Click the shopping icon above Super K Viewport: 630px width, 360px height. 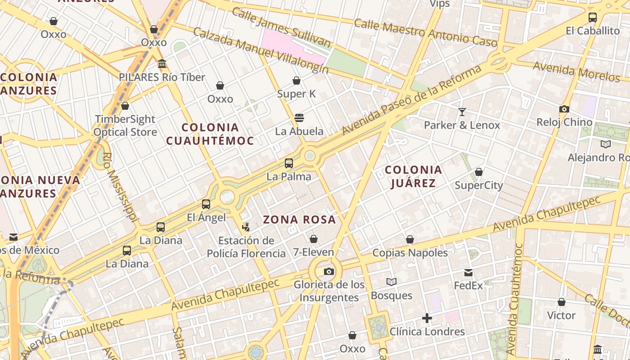point(297,81)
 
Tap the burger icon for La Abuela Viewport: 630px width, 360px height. point(299,118)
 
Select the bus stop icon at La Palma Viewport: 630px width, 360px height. point(289,163)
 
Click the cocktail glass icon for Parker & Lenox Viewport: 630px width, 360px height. point(462,112)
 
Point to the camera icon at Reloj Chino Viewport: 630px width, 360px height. point(564,109)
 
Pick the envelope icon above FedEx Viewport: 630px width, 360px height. point(468,273)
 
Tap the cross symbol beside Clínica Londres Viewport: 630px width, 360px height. point(427,319)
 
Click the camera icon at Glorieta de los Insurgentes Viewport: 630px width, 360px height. point(329,271)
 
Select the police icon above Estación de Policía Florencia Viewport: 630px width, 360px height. point(246,227)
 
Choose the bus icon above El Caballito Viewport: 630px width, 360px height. point(593,18)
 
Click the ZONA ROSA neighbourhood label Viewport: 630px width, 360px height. point(299,220)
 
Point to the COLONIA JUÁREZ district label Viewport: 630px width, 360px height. point(414,176)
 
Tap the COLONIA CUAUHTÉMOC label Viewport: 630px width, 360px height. point(210,134)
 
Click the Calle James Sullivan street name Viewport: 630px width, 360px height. point(281,27)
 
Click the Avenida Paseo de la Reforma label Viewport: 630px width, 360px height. point(411,100)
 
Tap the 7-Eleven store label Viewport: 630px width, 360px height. point(314,252)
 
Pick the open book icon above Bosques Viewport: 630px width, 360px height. point(391,282)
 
